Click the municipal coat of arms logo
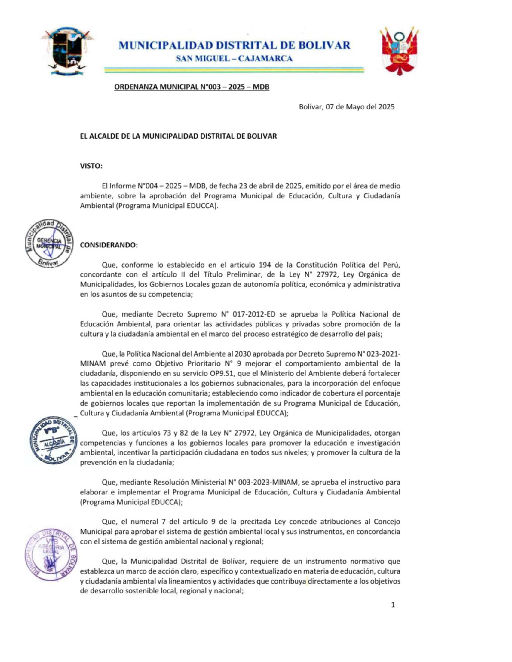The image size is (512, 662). pos(67,51)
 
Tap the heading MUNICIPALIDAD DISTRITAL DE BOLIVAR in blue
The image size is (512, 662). pos(234,45)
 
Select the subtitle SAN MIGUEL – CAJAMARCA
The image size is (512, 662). pos(234,59)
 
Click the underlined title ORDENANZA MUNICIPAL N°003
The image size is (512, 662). pos(192,87)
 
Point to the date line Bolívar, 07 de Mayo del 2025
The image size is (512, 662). pos(346,107)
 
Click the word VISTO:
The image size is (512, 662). pos(91,166)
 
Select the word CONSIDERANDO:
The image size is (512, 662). pos(109,245)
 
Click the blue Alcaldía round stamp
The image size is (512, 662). pos(53,440)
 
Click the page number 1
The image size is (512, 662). pos(393,605)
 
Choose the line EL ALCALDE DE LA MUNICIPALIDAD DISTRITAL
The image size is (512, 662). pos(178,136)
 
